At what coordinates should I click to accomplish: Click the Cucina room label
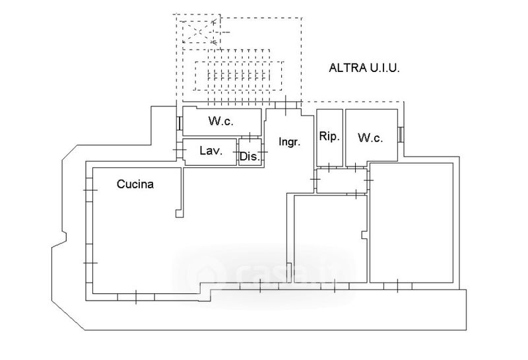[135, 185]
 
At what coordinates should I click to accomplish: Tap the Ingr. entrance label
[290, 141]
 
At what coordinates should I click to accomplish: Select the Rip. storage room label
[329, 137]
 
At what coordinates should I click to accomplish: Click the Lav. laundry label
[211, 151]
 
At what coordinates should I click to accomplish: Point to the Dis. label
[249, 157]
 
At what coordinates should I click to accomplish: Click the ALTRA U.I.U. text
[366, 67]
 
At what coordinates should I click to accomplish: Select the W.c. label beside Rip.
[370, 138]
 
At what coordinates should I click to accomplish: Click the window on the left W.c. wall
[180, 123]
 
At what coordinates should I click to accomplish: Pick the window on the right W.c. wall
[401, 133]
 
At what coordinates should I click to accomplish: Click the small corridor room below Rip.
[341, 181]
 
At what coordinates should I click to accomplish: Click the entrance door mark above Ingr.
[285, 103]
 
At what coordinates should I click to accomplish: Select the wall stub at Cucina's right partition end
[179, 213]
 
